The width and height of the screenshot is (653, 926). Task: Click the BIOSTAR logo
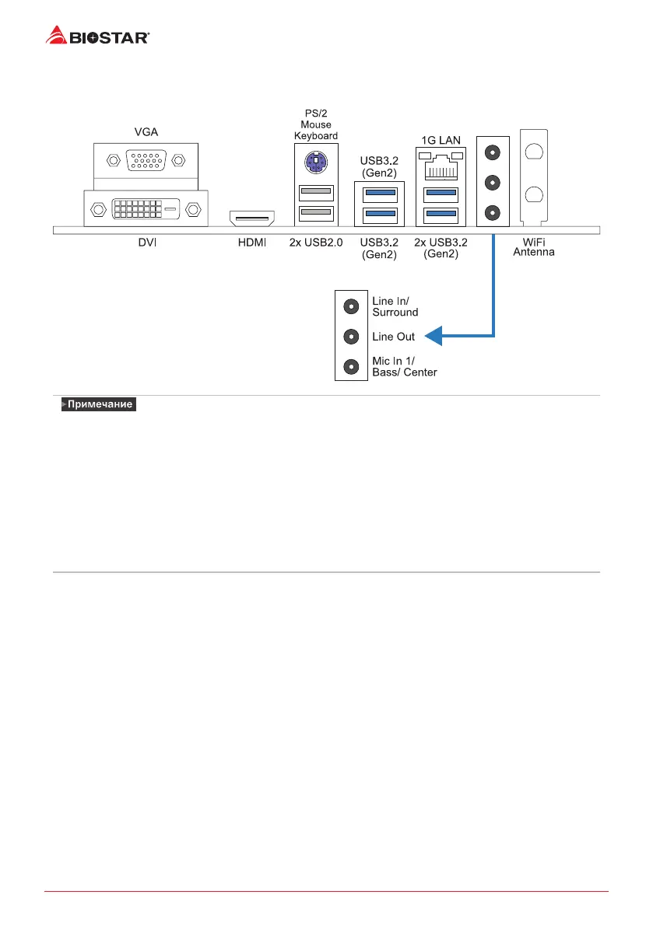coord(99,35)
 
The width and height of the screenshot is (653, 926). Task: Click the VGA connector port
coord(146,161)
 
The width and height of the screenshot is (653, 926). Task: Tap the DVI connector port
coord(146,208)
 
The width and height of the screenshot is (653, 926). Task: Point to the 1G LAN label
coord(441,140)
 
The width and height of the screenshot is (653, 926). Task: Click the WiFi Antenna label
coord(534,248)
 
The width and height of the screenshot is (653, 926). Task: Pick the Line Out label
coord(394,337)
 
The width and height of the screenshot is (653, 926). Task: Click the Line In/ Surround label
coord(395,306)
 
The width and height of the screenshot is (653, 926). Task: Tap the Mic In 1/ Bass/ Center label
coord(405,367)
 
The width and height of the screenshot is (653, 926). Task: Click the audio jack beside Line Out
coord(352,337)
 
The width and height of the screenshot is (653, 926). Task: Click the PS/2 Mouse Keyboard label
coord(317,124)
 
